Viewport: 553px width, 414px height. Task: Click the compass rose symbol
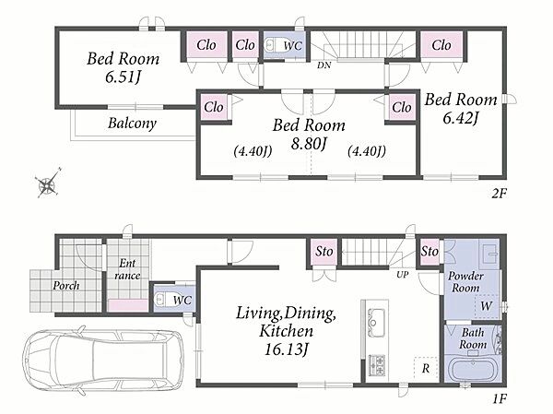coord(48,183)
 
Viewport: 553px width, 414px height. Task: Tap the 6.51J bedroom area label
coord(124,77)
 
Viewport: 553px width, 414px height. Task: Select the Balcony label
coord(132,124)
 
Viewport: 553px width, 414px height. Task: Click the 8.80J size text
coord(309,143)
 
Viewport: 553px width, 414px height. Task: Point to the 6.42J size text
coord(461,118)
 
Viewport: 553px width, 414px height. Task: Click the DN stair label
coord(324,65)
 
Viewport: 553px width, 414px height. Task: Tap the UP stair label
coord(403,275)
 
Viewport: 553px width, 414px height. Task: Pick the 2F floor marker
coord(499,193)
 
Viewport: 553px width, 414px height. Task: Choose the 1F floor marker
coord(500,399)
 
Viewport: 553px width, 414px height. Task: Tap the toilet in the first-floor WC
coord(162,300)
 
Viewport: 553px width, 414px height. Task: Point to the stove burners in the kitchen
coord(377,365)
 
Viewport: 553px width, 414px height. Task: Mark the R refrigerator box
coord(426,369)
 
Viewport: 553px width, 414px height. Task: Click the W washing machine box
coord(487,305)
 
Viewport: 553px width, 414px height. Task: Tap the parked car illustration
coord(103,360)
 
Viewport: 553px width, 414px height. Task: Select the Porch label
coord(66,285)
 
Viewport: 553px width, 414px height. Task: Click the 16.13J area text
coord(287,349)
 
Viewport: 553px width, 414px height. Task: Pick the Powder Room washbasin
coord(490,253)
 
